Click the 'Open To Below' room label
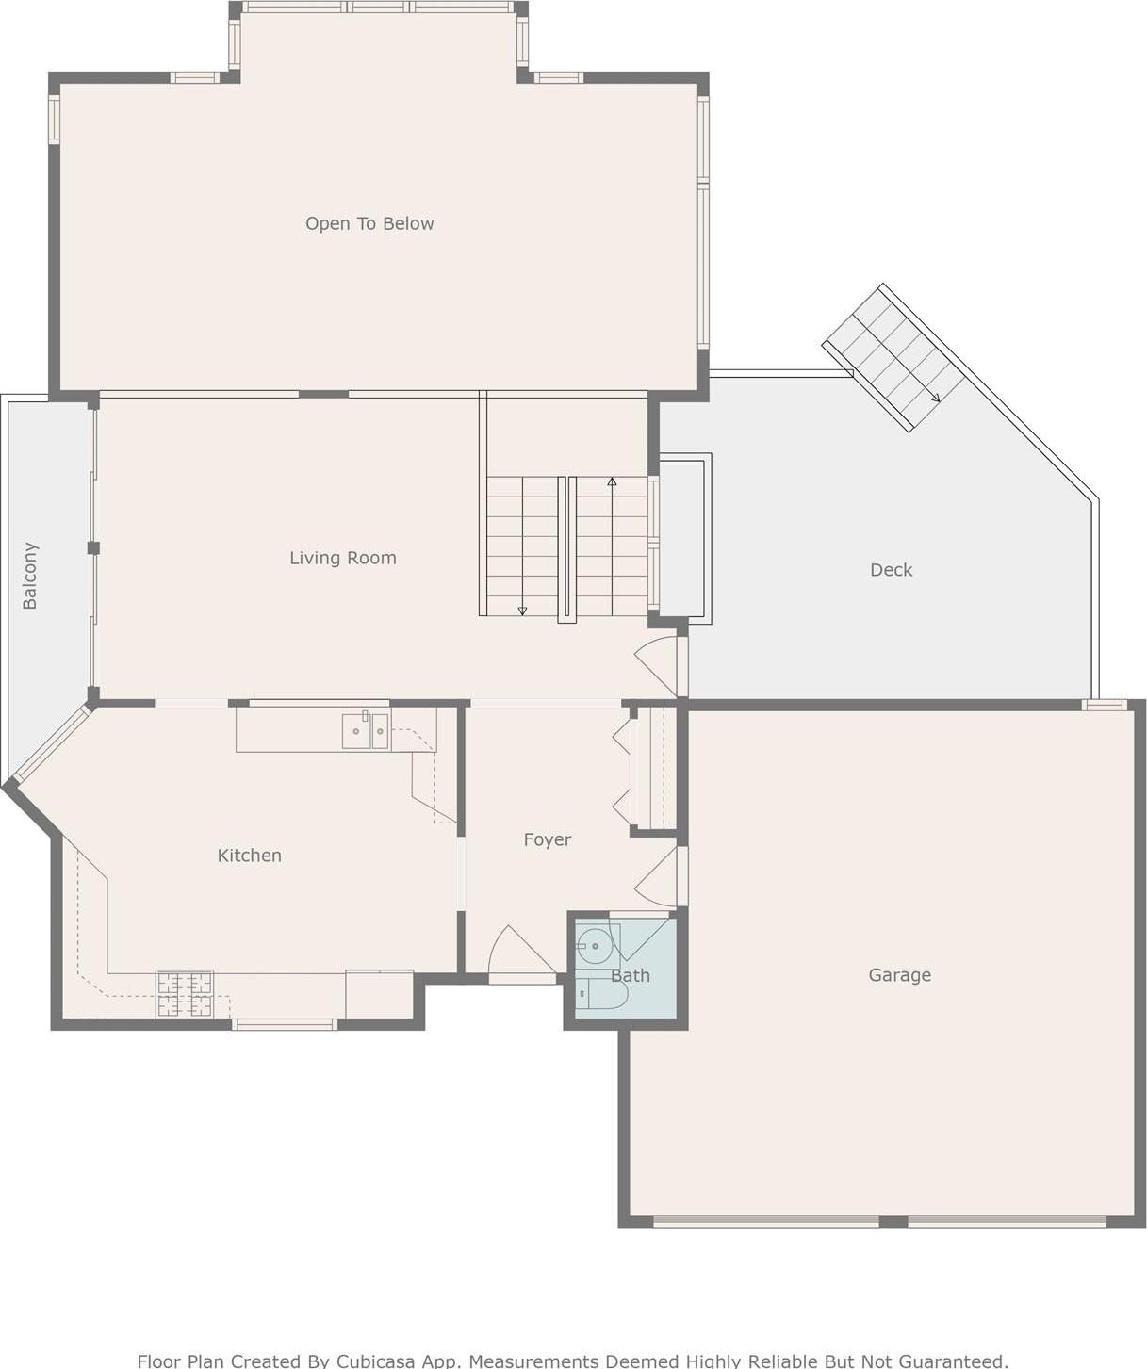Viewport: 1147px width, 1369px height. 369,223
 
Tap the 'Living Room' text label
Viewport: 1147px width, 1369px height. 342,558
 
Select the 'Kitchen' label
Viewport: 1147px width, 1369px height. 249,856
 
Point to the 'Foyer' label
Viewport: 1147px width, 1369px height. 547,839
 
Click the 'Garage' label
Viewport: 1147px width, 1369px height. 899,975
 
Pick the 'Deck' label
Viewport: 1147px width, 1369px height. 891,570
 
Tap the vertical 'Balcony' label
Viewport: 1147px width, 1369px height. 30,576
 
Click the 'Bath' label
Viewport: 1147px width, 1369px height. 630,976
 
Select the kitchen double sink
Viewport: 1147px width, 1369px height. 366,731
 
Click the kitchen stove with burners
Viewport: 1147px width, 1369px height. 185,994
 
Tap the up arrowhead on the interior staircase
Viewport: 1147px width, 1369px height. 612,481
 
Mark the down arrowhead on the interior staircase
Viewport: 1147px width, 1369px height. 522,611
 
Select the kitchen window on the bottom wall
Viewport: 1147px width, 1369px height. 285,1025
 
